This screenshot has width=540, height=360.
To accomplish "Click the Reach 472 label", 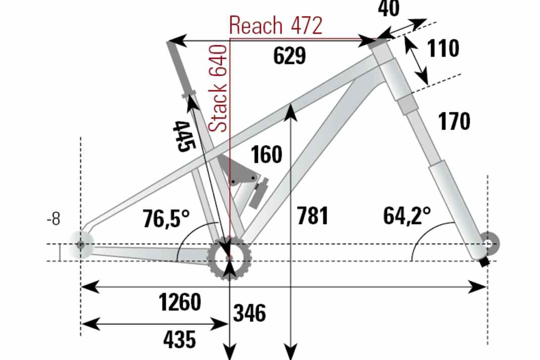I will pos(276,25).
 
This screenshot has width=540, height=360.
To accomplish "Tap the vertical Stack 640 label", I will pos(218,88).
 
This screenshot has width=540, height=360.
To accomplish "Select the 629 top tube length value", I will pos(290,56).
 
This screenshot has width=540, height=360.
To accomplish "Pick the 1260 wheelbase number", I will pos(179,302).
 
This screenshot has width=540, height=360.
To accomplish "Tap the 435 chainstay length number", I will pos(179,339).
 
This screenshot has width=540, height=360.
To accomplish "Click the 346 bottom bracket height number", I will pos(249,313).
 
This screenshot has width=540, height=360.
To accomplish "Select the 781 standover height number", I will pos(312,216).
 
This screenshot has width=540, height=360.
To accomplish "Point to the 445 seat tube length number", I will pos(183,136).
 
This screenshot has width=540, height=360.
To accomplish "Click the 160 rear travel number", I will pos(266,155).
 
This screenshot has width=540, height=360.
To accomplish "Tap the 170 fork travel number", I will pos(454,121).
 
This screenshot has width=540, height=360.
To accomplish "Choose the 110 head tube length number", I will pos(443,49).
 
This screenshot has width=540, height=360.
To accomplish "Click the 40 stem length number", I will pos(388,9).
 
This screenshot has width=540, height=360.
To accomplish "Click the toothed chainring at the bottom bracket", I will pos(230,258).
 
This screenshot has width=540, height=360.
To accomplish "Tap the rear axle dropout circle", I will pos(81,245).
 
